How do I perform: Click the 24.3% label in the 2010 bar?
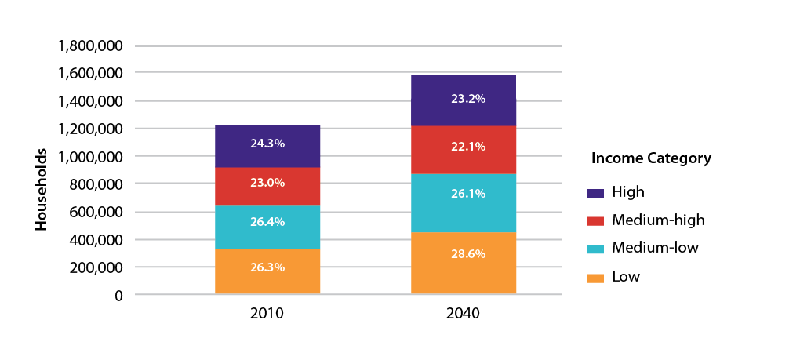(x=267, y=144)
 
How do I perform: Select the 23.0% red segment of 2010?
(x=267, y=183)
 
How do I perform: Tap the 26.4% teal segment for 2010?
(x=267, y=221)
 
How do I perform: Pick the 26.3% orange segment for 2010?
(x=267, y=267)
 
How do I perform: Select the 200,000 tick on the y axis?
(x=95, y=267)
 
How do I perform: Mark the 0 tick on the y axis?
(x=118, y=296)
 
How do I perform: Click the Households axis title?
(x=42, y=190)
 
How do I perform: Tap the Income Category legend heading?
(x=651, y=158)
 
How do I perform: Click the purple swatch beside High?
(x=595, y=192)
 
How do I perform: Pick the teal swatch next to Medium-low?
(x=595, y=249)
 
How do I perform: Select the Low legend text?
(x=625, y=277)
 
